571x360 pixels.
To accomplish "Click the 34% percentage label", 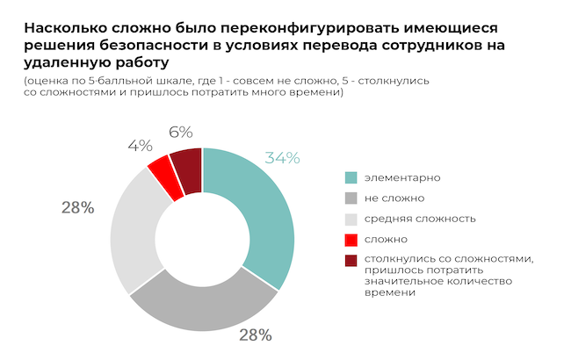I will click(282, 159).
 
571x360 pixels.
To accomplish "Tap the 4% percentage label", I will click(139, 146).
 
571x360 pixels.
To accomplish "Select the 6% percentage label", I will click(180, 133).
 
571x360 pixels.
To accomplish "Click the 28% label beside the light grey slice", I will click(77, 207).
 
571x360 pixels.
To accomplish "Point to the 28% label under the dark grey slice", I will click(254, 335).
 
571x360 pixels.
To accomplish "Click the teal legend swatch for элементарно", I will click(350, 177).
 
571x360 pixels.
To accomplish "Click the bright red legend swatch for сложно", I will click(350, 239).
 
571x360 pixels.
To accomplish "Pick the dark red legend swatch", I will click(350, 259).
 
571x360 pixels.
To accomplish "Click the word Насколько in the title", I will click(60, 27).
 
